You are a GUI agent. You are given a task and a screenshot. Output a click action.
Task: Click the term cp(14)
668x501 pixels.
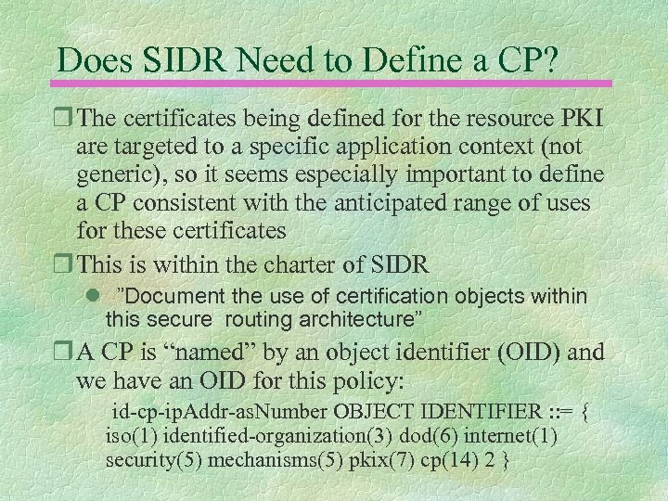pos(456,460)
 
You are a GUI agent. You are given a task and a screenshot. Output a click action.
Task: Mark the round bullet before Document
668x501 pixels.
pos(90,296)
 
